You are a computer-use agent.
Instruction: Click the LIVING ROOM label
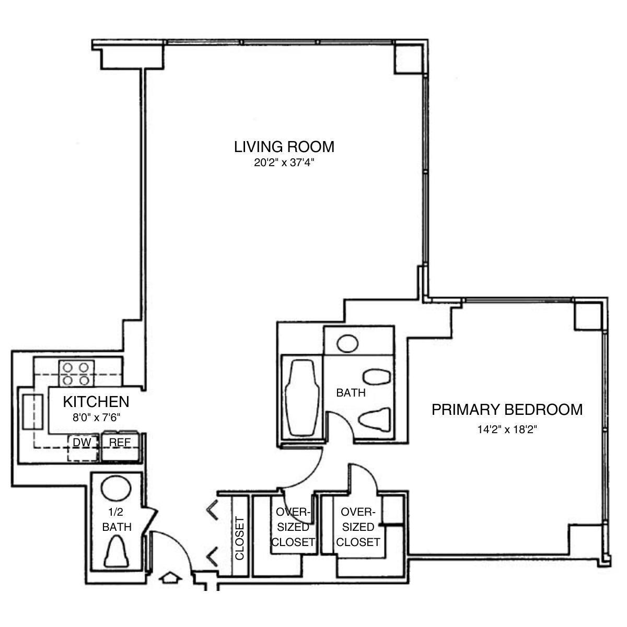click(284, 147)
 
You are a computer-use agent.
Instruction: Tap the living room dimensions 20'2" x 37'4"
click(284, 162)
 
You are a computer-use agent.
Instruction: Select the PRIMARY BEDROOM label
click(506, 410)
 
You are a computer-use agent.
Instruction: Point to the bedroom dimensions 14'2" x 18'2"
click(507, 430)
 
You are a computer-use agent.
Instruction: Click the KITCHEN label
click(96, 402)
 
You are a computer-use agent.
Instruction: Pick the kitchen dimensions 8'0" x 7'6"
click(96, 417)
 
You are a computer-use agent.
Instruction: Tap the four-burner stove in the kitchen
click(76, 373)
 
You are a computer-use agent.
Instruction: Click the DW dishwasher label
click(82, 443)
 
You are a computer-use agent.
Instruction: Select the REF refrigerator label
click(119, 443)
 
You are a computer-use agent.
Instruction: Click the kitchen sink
click(32, 412)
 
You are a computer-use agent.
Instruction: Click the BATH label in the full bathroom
click(351, 392)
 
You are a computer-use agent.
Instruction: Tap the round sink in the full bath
click(347, 343)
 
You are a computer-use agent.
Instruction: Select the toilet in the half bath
click(117, 552)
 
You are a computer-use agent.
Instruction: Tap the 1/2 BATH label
click(117, 520)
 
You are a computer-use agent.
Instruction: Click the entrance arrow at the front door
click(170, 578)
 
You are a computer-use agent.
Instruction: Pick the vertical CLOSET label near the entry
click(240, 538)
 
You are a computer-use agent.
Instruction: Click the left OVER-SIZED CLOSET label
click(293, 527)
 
